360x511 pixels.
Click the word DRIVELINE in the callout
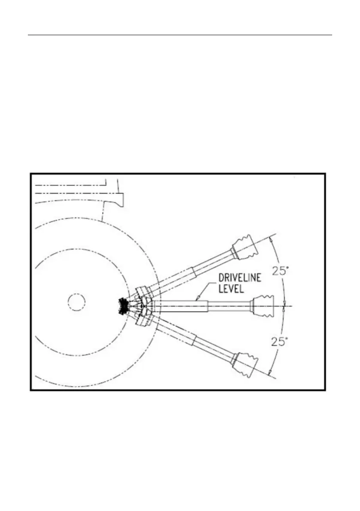pos(240,278)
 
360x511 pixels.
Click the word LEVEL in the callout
pos(231,288)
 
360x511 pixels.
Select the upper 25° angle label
pos(280,270)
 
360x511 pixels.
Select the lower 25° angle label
pos(280,341)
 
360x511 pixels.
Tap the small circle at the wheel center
pos(76,302)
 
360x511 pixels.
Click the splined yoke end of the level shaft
pos(263,306)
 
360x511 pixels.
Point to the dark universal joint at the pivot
pos(123,306)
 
